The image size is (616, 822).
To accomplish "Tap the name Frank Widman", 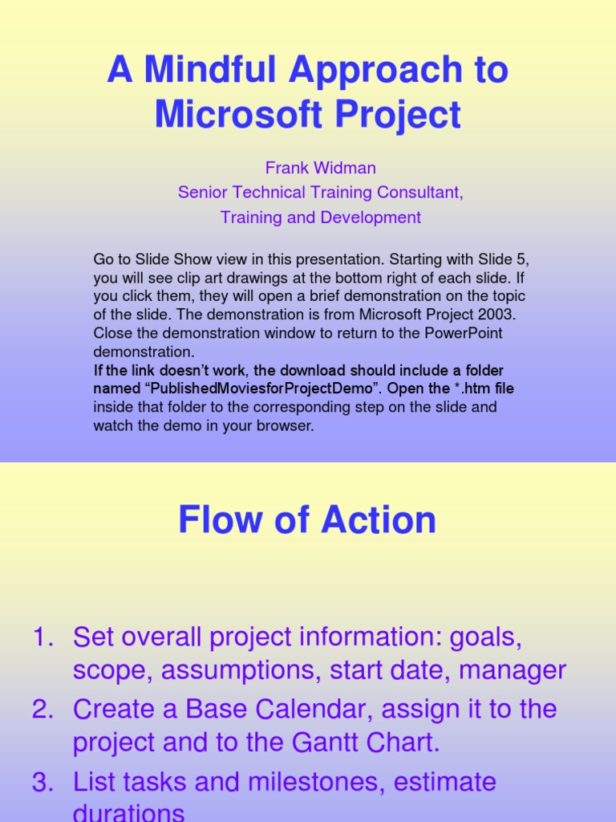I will click(320, 168).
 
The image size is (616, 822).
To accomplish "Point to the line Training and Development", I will click(320, 218).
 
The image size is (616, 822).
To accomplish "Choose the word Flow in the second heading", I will click(220, 519).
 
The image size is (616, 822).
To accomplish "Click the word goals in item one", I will click(487, 638).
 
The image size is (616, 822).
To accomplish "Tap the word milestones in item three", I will click(310, 782).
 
